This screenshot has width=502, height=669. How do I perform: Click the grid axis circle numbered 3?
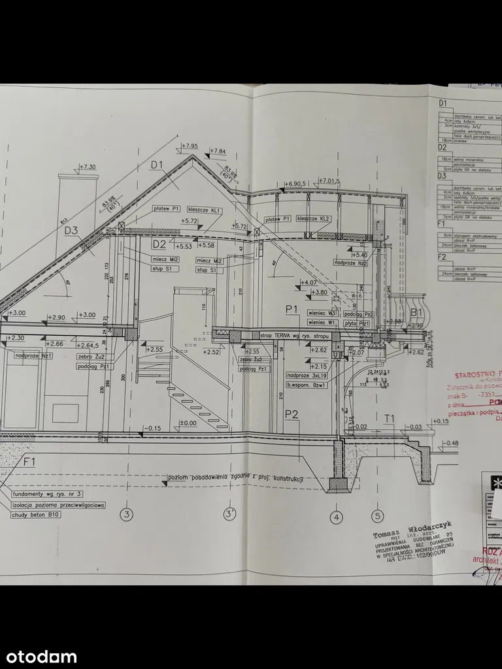(x=127, y=514)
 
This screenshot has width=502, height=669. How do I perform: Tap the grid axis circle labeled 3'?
(x=229, y=514)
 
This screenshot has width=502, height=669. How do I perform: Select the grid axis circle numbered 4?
(x=337, y=518)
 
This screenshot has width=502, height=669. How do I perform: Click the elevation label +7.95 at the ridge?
(x=190, y=146)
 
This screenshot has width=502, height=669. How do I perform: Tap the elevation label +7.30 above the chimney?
(x=88, y=167)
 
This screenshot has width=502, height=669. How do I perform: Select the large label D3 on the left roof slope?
(x=71, y=230)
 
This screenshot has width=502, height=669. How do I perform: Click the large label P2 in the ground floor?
(x=292, y=413)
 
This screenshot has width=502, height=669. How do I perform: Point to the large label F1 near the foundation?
(x=28, y=462)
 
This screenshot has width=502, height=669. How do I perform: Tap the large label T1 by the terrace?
(x=390, y=418)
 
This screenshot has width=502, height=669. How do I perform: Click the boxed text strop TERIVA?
(x=283, y=336)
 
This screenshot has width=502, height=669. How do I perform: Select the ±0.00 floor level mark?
(x=188, y=423)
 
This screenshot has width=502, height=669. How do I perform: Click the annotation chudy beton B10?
(x=36, y=515)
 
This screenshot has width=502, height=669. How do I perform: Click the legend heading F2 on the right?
(x=443, y=257)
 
